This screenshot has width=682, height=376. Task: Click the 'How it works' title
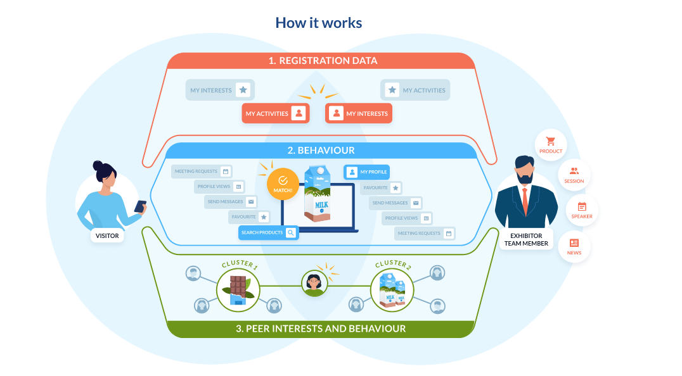[x=318, y=23]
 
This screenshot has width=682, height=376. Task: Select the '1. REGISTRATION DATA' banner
[x=322, y=61]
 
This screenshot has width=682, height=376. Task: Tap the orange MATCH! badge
[x=283, y=184]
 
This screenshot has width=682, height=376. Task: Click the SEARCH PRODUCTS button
[x=268, y=233]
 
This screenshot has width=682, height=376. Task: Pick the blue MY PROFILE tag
[x=366, y=172]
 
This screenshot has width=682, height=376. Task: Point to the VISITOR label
[x=107, y=236]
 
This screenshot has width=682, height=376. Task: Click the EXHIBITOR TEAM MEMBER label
[x=525, y=239]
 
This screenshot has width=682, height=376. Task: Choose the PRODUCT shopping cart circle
[x=551, y=145]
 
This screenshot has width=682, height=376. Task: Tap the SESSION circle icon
[x=574, y=175]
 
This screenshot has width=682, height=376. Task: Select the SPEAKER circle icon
[x=582, y=210]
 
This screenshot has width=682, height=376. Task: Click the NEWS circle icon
[x=574, y=246]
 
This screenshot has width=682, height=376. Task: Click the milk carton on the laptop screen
[x=318, y=193]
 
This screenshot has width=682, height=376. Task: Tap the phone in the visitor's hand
[x=140, y=206]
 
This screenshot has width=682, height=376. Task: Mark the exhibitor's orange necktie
[x=525, y=201]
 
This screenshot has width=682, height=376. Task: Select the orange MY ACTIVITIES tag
[x=275, y=114]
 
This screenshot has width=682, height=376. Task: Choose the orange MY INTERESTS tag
[x=359, y=114]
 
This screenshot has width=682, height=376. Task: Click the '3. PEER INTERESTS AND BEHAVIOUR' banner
[x=321, y=329]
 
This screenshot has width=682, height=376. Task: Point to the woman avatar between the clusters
[x=314, y=284]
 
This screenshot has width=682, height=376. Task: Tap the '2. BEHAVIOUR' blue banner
[x=321, y=151]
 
